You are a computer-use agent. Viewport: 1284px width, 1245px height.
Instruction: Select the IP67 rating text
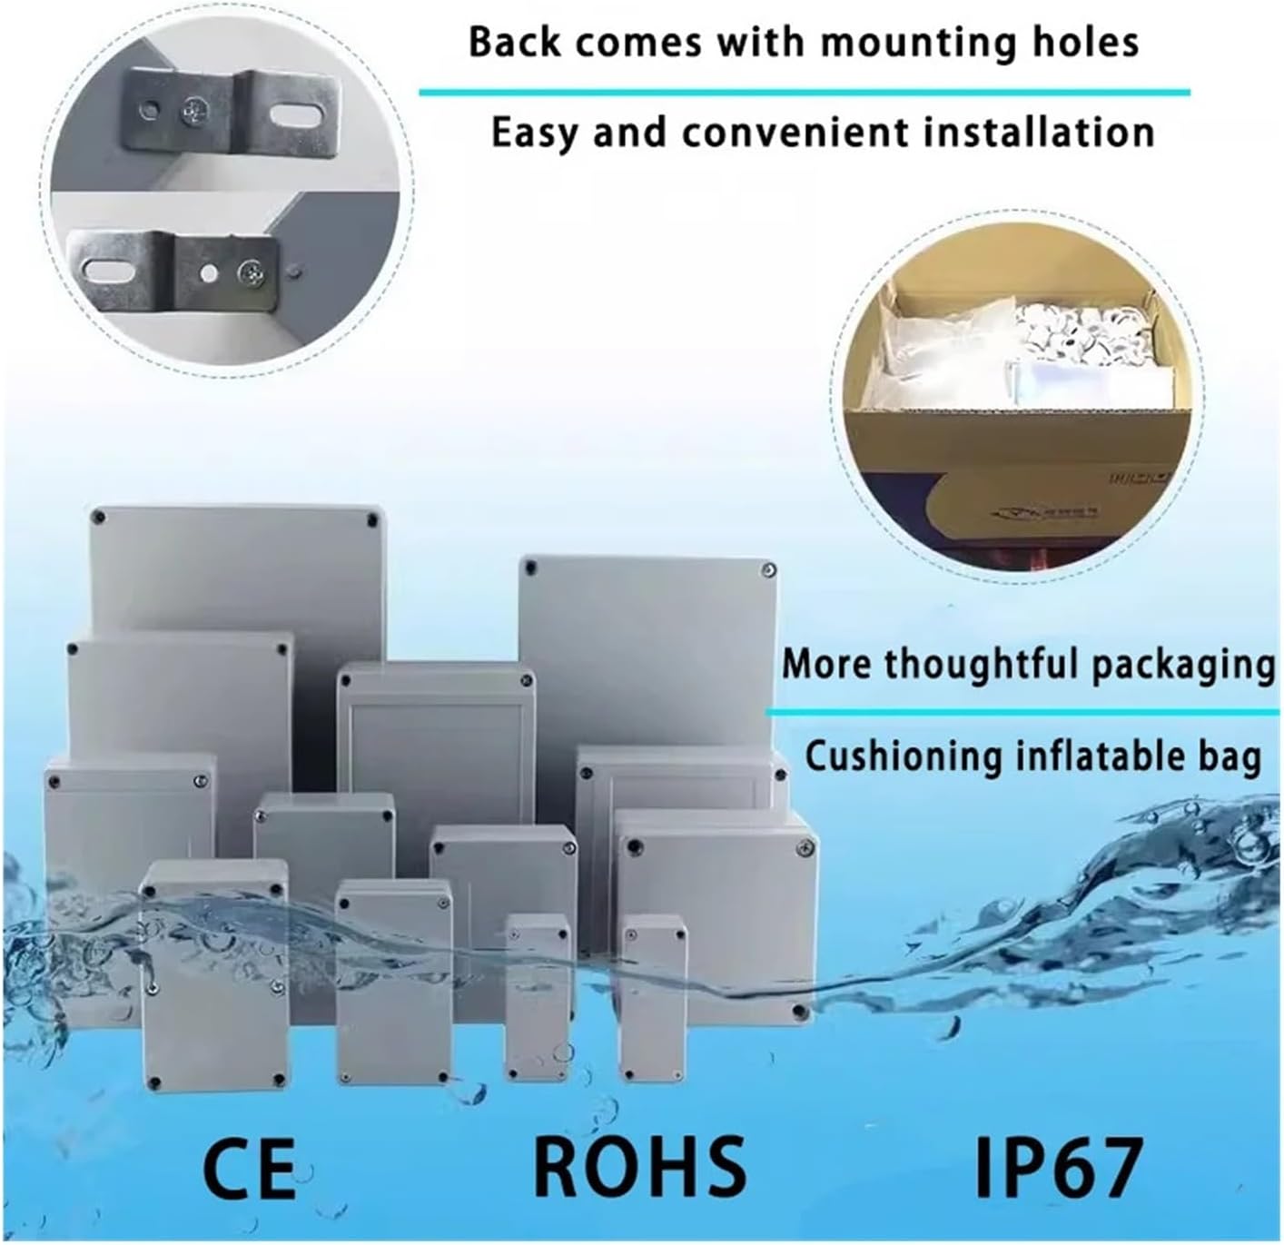1058,1166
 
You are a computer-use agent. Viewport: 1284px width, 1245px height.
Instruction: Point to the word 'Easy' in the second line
534,133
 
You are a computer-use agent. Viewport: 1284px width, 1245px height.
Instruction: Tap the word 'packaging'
1182,664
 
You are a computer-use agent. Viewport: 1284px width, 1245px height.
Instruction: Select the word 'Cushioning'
900,756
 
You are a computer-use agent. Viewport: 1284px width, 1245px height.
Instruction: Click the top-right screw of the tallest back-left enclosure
371,520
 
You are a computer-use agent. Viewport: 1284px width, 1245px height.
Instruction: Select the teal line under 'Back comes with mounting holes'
804,92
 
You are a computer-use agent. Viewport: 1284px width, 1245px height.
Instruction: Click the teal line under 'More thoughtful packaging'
1023,713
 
